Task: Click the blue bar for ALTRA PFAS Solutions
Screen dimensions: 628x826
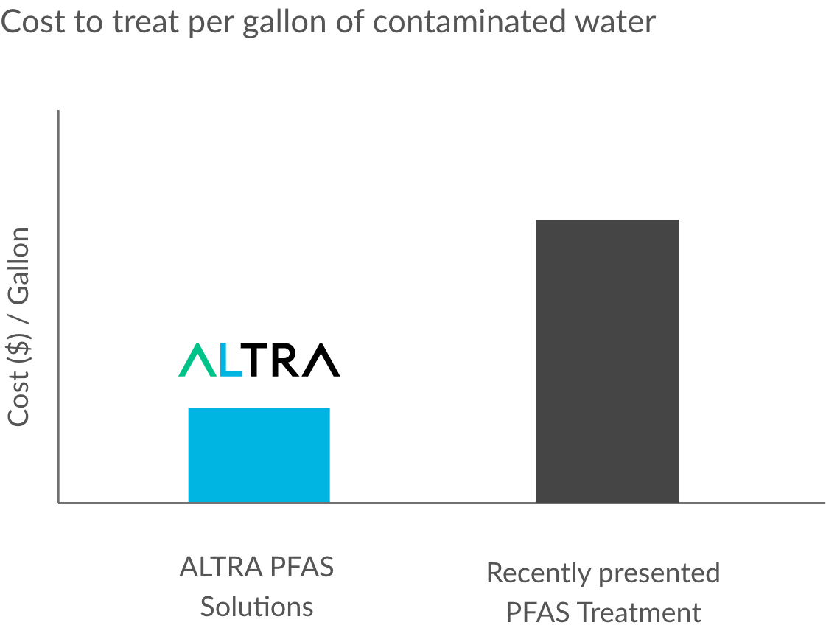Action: pyautogui.click(x=259, y=455)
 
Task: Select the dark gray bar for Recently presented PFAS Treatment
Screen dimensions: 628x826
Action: pyautogui.click(x=607, y=361)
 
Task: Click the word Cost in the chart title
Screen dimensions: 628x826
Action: pyautogui.click(x=29, y=22)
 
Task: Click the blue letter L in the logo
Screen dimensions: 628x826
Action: pyautogui.click(x=231, y=360)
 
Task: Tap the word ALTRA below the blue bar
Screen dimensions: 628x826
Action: pyautogui.click(x=220, y=568)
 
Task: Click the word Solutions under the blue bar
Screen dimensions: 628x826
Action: pyautogui.click(x=256, y=607)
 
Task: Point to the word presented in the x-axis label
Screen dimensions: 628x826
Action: pyautogui.click(x=659, y=573)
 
